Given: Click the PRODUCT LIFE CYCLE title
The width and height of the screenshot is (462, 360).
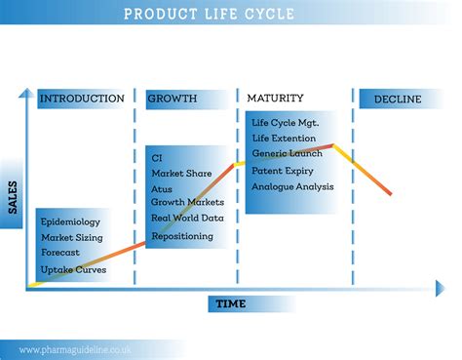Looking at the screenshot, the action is [x=210, y=14].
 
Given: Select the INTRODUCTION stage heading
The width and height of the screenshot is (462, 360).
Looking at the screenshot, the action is [x=82, y=99].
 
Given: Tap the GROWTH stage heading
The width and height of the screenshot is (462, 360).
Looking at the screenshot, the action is [x=173, y=99].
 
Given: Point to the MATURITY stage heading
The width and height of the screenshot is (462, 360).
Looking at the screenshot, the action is [x=275, y=98].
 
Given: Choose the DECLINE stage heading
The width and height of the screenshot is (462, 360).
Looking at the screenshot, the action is [x=398, y=99].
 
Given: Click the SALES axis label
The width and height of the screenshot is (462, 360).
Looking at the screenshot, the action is [x=13, y=197].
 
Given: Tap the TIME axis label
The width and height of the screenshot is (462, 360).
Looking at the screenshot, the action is [x=231, y=303].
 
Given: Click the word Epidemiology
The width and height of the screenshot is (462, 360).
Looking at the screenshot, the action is [x=70, y=222].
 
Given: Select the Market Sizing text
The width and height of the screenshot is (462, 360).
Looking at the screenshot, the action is [x=72, y=238].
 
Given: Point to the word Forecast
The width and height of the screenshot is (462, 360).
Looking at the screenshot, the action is [x=60, y=253].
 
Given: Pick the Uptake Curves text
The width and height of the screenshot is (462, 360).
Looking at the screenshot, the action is [x=73, y=269].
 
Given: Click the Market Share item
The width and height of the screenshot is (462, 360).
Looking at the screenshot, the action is [x=181, y=174].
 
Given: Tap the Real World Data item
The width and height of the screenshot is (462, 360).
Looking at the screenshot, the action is [x=187, y=218].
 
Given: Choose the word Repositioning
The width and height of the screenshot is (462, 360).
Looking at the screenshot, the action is [x=182, y=236].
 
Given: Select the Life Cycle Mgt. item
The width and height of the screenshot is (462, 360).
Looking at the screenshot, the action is [x=286, y=123].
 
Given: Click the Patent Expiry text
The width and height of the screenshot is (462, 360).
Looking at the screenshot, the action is [x=283, y=171].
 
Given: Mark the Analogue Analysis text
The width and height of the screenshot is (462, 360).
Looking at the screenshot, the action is [x=292, y=186].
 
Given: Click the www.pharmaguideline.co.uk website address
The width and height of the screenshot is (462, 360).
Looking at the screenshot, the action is [x=75, y=350].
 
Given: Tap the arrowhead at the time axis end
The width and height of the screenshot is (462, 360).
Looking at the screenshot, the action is [x=441, y=288].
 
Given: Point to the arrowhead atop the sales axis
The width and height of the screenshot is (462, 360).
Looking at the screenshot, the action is [x=26, y=93].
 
